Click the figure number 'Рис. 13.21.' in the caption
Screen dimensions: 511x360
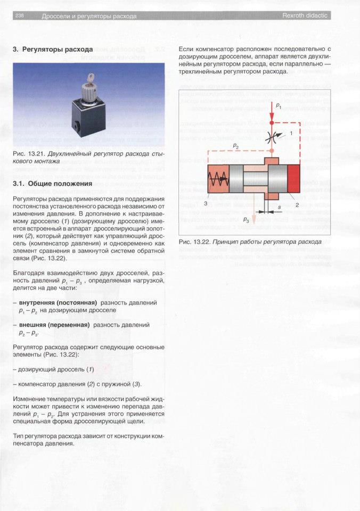29,153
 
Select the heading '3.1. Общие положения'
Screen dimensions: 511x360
53,184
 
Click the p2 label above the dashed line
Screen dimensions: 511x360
235,144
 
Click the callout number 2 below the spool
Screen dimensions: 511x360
297,203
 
